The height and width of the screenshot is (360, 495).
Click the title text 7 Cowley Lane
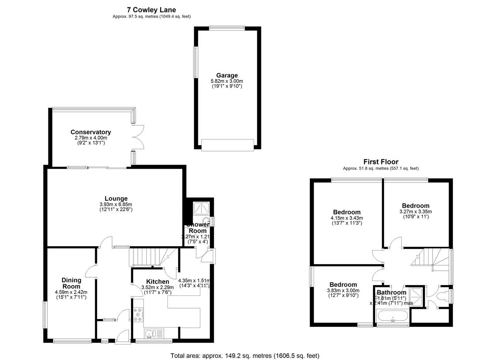tap(151, 10)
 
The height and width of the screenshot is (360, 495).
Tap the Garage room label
tap(227, 75)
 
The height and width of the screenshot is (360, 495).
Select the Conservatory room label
tap(90, 132)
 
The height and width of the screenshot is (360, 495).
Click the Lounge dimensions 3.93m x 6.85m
tap(116, 205)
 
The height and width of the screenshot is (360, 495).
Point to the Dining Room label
tap(72, 283)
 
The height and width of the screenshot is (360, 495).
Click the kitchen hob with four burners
tap(138, 315)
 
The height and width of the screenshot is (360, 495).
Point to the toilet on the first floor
tap(443, 297)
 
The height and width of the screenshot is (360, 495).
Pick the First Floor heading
tap(381, 162)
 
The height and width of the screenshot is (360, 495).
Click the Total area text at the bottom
tap(245, 355)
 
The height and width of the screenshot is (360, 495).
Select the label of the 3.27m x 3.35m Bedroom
tap(415, 206)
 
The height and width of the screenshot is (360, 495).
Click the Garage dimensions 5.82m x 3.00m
tap(227, 81)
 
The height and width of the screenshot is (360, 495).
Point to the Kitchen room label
tap(157, 282)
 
